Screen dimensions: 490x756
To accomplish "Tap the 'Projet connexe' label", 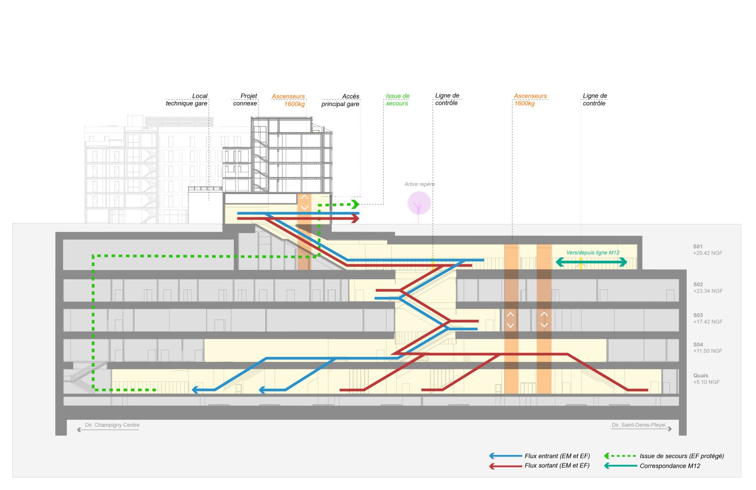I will pyautogui.click(x=245, y=100).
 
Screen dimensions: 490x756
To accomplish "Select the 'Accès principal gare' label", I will pyautogui.click(x=340, y=100).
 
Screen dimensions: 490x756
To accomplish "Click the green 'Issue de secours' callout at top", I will pyautogui.click(x=397, y=100).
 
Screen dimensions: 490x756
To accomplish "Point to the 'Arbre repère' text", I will pyautogui.click(x=419, y=184).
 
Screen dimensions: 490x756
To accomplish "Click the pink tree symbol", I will pyautogui.click(x=419, y=203).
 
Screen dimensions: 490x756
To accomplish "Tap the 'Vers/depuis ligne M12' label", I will pyautogui.click(x=593, y=253).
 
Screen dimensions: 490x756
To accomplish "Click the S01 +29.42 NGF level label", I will pyautogui.click(x=707, y=250).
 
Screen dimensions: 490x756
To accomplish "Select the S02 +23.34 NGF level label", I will pyautogui.click(x=708, y=288).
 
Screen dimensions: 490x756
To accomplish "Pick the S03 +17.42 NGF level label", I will pyautogui.click(x=708, y=318).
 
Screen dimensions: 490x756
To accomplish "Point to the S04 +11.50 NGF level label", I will pyautogui.click(x=707, y=348).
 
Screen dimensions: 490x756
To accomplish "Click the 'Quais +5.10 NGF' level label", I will pyautogui.click(x=706, y=379).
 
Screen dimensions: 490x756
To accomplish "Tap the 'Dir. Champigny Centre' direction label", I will pyautogui.click(x=112, y=425).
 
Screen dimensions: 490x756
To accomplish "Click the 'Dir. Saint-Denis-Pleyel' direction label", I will pyautogui.click(x=639, y=425).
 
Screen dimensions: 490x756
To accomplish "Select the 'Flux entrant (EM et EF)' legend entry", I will pyautogui.click(x=557, y=456).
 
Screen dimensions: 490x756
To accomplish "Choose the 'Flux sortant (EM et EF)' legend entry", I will pyautogui.click(x=557, y=466).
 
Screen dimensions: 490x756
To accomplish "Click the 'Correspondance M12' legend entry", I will pyautogui.click(x=670, y=466).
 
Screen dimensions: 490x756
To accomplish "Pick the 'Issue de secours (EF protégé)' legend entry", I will pyautogui.click(x=681, y=456).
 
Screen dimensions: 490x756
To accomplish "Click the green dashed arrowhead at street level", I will pyautogui.click(x=355, y=204).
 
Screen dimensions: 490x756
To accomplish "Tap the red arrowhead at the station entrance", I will pyautogui.click(x=355, y=219).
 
